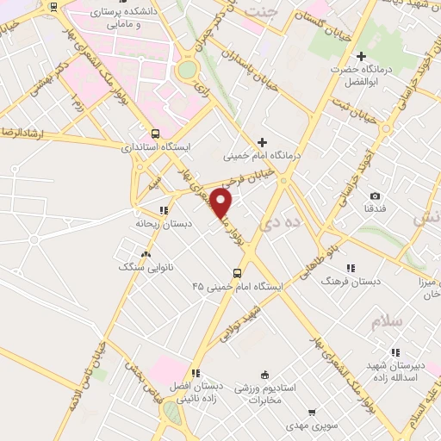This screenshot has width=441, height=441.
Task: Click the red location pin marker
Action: coord(221,203)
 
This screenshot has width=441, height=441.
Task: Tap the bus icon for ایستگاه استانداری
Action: coord(156,134)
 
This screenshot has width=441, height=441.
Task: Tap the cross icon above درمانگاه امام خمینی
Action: coord(262,142)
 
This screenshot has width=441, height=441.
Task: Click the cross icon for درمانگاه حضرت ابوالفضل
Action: coord(363,56)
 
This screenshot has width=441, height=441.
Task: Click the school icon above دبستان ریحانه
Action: coord(164,209)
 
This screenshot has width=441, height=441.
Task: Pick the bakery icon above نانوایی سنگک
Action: coord(146,254)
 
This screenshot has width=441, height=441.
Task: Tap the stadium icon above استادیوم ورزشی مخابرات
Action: coord(265,375)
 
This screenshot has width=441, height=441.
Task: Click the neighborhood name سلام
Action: coord(387,321)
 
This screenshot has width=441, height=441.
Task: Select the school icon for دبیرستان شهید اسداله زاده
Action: coord(396,351)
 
